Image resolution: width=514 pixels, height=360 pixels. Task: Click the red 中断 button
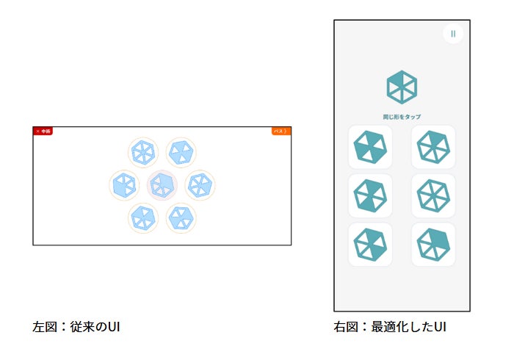click(43, 132)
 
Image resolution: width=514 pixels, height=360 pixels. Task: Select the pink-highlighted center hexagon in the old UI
click(162, 185)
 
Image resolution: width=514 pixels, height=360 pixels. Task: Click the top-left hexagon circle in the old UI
click(143, 153)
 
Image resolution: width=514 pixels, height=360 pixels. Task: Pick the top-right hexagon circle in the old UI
click(181, 153)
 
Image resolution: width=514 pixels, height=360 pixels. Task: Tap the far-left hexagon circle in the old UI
click(124, 185)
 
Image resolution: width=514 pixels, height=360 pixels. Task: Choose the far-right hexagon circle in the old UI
click(200, 185)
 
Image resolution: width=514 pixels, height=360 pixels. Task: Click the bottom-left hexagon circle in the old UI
click(143, 217)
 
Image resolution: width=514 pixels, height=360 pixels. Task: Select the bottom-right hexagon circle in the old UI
click(181, 217)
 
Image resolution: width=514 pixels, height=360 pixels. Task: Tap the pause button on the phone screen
click(453, 34)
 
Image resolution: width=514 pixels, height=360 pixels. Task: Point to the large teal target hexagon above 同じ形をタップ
click(402, 87)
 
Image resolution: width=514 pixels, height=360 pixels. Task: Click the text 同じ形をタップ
click(402, 117)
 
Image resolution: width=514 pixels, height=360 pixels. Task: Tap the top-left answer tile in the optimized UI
click(370, 147)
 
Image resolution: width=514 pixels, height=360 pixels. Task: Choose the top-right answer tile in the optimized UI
click(433, 147)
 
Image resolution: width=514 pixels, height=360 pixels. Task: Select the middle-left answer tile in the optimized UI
click(370, 196)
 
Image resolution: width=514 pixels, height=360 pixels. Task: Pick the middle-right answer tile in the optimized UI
click(433, 196)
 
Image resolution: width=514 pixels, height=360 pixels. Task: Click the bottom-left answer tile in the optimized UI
click(370, 245)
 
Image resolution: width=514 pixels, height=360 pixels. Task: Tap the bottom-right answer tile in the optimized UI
click(433, 245)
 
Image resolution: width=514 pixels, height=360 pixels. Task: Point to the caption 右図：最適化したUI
click(390, 325)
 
